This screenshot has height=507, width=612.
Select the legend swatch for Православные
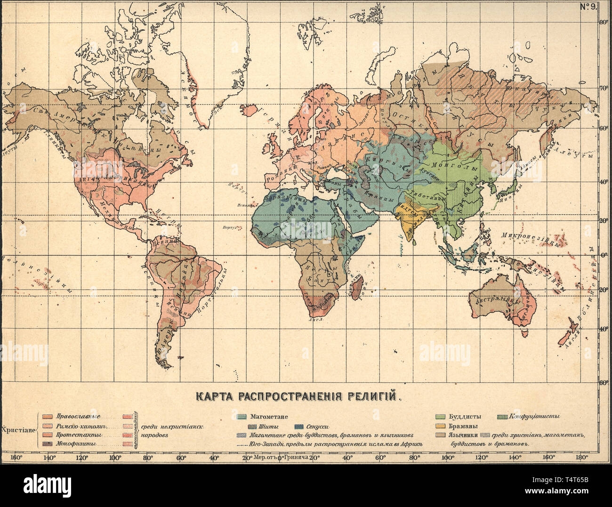click(x=47, y=417)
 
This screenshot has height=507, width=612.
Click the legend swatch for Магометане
click(x=242, y=417)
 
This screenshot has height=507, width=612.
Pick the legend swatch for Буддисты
click(x=441, y=417)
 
